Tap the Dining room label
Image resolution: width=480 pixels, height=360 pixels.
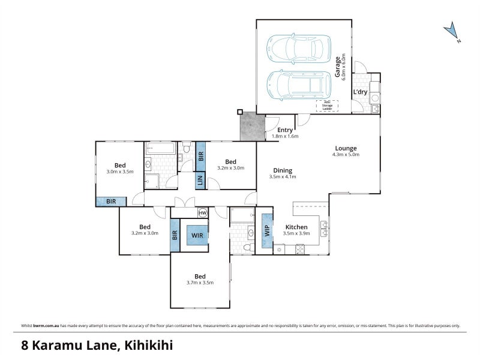click(x=280, y=170)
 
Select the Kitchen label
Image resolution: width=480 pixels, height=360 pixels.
click(x=296, y=227)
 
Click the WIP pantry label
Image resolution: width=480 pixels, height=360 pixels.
click(x=267, y=230)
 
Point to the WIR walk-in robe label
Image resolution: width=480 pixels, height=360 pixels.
click(x=197, y=235)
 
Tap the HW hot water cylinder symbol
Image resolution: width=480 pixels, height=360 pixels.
click(x=202, y=213)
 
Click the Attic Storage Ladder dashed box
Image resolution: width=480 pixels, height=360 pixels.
click(x=327, y=106)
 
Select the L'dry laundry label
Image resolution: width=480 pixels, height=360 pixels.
click(x=360, y=92)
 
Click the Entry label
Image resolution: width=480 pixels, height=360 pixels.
click(x=285, y=130)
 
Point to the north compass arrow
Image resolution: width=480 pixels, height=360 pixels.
click(x=451, y=31)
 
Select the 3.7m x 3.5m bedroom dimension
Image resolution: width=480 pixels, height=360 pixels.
click(x=200, y=282)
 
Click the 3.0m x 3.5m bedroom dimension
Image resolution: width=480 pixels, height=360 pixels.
click(x=119, y=172)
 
